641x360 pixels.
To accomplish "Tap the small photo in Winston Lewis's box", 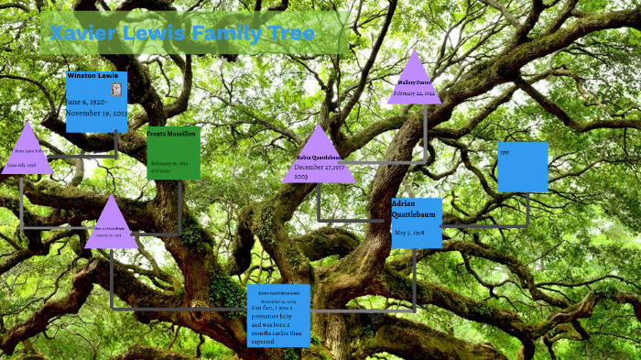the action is click(x=116, y=89).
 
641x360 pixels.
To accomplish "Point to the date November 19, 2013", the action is click(x=96, y=113).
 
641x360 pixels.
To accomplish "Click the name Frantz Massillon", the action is click(x=172, y=134).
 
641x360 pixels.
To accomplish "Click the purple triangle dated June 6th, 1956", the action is click(x=27, y=152).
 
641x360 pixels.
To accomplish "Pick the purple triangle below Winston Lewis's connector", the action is click(x=111, y=225).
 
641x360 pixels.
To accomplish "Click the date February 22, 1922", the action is click(x=414, y=93).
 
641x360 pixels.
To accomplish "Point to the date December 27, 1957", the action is click(x=320, y=168).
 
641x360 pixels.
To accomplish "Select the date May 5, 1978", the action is click(x=408, y=233).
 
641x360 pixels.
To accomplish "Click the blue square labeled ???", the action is click(x=523, y=167).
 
